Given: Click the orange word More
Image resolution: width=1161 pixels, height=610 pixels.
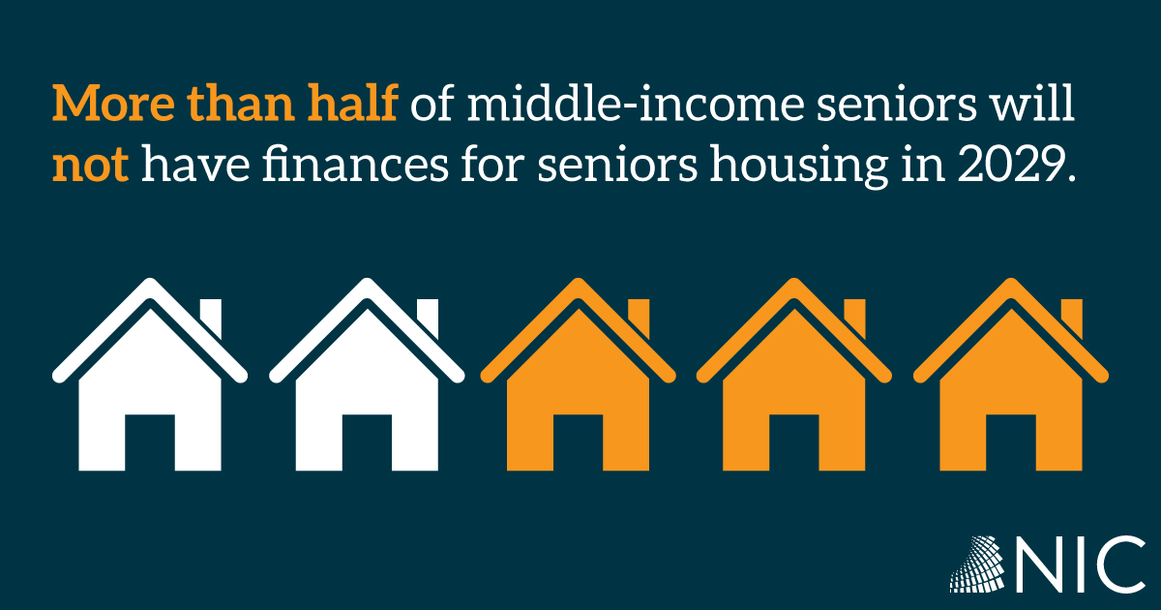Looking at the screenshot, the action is tap(113, 103).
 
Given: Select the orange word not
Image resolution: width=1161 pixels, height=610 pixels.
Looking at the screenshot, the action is tap(90, 164).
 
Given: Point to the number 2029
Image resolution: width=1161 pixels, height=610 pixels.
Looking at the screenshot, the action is tap(1010, 164).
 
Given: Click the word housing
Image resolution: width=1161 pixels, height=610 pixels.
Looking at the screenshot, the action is tap(799, 166).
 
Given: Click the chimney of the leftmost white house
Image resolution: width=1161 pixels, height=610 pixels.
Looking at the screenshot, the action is tap(211, 318).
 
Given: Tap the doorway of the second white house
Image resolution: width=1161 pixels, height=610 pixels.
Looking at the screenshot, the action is tap(367, 442).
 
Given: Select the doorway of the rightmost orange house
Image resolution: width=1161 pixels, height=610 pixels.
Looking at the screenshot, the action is tap(1011, 442).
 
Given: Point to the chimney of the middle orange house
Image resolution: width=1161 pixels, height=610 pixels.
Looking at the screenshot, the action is tap(854, 318).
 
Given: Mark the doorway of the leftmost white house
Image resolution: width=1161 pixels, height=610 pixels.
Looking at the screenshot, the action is tap(150, 442).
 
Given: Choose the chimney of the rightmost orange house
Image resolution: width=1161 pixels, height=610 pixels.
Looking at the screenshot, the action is tap(1072, 318).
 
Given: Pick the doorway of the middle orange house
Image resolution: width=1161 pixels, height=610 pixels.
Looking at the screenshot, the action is tap(794, 442).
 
